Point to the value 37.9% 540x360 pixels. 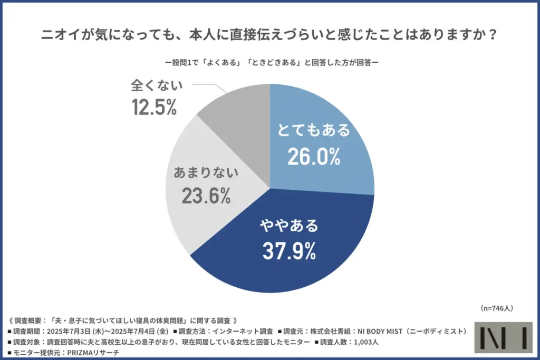(x=289, y=251)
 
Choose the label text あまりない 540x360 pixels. (x=206, y=171)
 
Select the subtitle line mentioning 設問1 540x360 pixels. (x=269, y=62)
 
